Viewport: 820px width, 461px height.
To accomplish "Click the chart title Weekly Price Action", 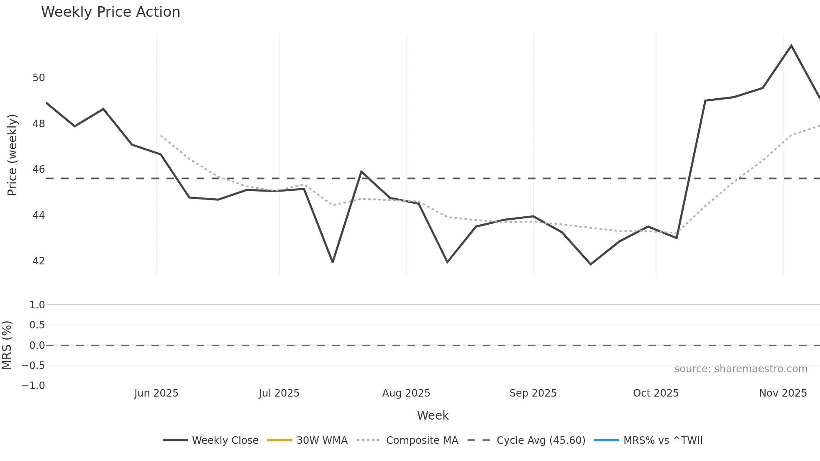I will (110, 12).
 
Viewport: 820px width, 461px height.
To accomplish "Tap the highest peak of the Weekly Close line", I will (791, 46).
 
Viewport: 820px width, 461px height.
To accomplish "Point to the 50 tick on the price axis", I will (38, 78).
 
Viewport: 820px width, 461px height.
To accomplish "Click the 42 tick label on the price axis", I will (38, 261).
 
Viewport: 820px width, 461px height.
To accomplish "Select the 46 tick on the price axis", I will (38, 169).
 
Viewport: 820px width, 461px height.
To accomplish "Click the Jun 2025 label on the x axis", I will (156, 393).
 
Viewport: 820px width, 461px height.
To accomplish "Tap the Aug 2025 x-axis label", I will (406, 393).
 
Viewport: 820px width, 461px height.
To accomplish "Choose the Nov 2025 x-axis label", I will (783, 393).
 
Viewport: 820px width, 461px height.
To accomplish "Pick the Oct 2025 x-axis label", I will (656, 393).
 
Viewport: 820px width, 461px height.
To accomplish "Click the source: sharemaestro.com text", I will (741, 369).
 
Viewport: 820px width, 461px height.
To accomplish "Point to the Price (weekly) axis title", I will (12, 155).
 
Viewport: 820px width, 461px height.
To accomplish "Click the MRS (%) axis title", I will (7, 345).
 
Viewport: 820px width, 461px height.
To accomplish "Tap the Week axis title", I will (433, 415).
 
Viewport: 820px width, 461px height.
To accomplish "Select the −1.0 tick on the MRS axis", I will (33, 386).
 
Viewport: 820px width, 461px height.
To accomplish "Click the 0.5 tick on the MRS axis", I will (37, 325).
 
